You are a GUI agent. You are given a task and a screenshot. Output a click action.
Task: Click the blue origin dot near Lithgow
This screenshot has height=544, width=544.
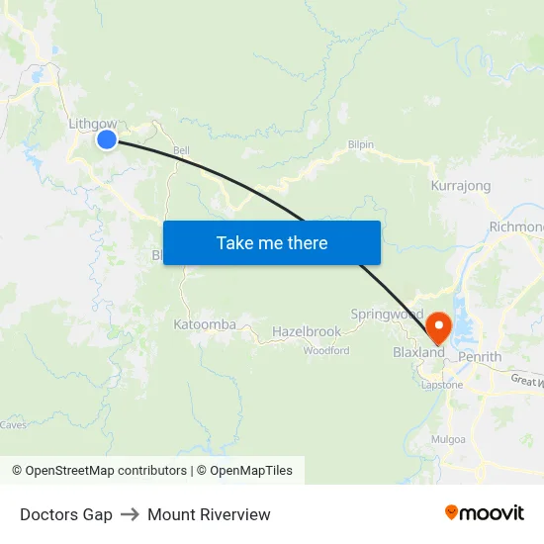click(107, 139)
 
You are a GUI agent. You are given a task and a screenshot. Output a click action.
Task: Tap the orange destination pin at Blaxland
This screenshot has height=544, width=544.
click(437, 326)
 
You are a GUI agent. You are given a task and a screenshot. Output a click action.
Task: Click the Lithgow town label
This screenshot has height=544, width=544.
click(92, 124)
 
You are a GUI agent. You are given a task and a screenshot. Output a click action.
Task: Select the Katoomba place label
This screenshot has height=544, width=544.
click(205, 324)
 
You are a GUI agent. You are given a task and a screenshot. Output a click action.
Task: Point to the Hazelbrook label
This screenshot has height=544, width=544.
click(307, 332)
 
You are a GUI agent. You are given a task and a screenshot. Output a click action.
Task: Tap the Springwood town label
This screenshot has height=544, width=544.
click(387, 315)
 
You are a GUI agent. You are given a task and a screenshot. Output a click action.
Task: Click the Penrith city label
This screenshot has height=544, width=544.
click(480, 357)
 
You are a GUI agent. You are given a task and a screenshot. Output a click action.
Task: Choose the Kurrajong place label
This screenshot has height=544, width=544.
click(461, 185)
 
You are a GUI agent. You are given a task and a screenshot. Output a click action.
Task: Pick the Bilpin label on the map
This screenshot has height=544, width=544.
click(361, 144)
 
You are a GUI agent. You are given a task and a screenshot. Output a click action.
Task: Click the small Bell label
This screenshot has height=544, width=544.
click(181, 151)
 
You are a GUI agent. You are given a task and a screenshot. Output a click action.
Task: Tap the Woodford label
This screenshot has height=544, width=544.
click(325, 350)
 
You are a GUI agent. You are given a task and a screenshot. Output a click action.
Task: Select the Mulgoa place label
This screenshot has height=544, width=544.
click(448, 438)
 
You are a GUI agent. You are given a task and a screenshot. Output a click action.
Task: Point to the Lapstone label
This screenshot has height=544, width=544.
click(442, 385)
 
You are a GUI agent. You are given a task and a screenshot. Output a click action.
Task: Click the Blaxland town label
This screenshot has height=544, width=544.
click(418, 352)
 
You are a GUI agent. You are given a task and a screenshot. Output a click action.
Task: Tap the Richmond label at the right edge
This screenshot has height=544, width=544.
click(515, 227)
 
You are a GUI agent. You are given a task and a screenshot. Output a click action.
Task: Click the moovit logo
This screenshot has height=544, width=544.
click(484, 513)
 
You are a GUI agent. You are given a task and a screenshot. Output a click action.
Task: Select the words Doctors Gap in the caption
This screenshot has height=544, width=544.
click(66, 514)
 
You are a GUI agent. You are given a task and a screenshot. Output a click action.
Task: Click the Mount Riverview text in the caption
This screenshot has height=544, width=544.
click(209, 514)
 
